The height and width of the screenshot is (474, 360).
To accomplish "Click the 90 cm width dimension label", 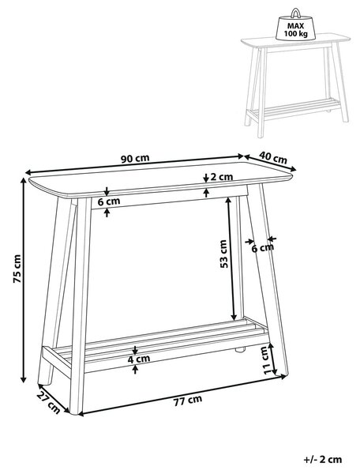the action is click(135, 158).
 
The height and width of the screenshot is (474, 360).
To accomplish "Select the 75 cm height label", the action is click(17, 269).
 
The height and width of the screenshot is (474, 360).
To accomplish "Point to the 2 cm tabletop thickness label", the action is click(222, 176).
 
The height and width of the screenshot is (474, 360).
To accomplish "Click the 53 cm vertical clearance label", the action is click(223, 254).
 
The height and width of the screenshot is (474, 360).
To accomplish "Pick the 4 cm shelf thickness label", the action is click(139, 359).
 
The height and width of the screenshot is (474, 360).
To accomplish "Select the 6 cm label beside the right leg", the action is click(263, 248).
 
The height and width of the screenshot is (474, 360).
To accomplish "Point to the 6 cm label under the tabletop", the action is click(109, 201).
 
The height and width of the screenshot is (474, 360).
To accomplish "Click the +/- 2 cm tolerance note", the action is click(323, 460).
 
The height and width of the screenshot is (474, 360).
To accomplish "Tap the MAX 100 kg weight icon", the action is click(296, 25).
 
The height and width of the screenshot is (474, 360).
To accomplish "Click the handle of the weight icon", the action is click(296, 13).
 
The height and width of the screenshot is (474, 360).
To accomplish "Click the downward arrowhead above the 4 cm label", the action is click(135, 352).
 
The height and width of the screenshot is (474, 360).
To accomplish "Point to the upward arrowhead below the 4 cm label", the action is click(135, 368).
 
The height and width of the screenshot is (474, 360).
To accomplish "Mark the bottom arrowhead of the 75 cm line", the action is click(23, 379).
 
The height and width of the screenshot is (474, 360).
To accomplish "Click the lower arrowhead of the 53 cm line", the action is click(234, 317).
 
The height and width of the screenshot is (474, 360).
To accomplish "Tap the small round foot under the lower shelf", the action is click(240, 350).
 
